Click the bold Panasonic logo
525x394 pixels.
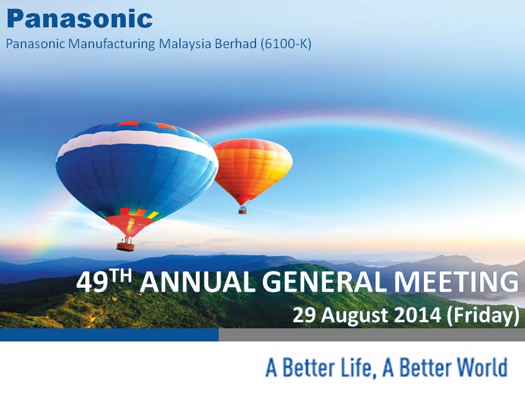coord(80,19)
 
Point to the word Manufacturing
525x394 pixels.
coord(111,44)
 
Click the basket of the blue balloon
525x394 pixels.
coord(126,247)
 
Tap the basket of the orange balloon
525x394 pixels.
coord(242,210)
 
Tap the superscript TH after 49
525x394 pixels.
coord(120,277)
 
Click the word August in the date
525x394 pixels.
coord(355,316)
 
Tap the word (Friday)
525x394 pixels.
coord(482,316)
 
